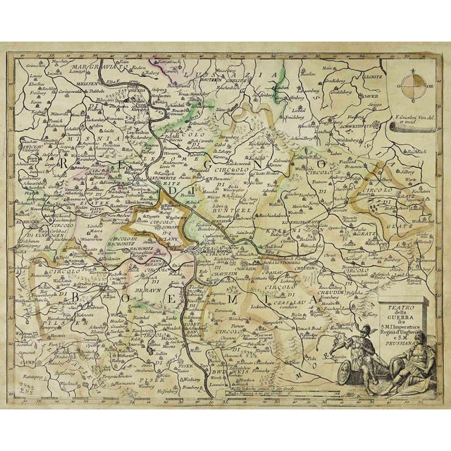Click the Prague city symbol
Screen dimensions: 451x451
tap(199, 248)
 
